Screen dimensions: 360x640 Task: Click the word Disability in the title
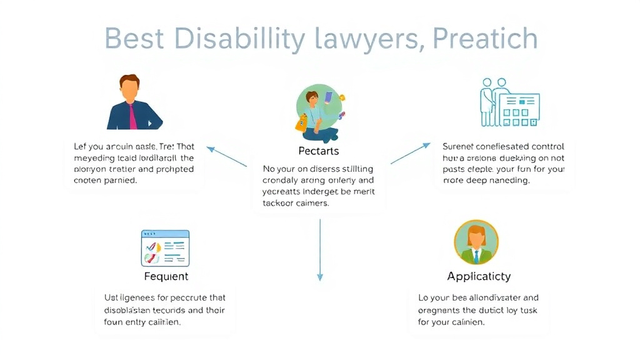pyautogui.click(x=239, y=39)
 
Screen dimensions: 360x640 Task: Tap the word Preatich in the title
pyautogui.click(x=486, y=39)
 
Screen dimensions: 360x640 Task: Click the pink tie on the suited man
pyautogui.click(x=132, y=116)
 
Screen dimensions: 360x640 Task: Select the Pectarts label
pyautogui.click(x=319, y=151)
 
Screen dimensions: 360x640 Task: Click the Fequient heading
pyautogui.click(x=166, y=276)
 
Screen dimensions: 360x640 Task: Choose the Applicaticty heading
pyautogui.click(x=479, y=276)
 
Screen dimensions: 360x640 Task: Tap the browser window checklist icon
pyautogui.click(x=165, y=247)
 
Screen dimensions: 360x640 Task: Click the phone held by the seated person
pyautogui.click(x=329, y=98)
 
